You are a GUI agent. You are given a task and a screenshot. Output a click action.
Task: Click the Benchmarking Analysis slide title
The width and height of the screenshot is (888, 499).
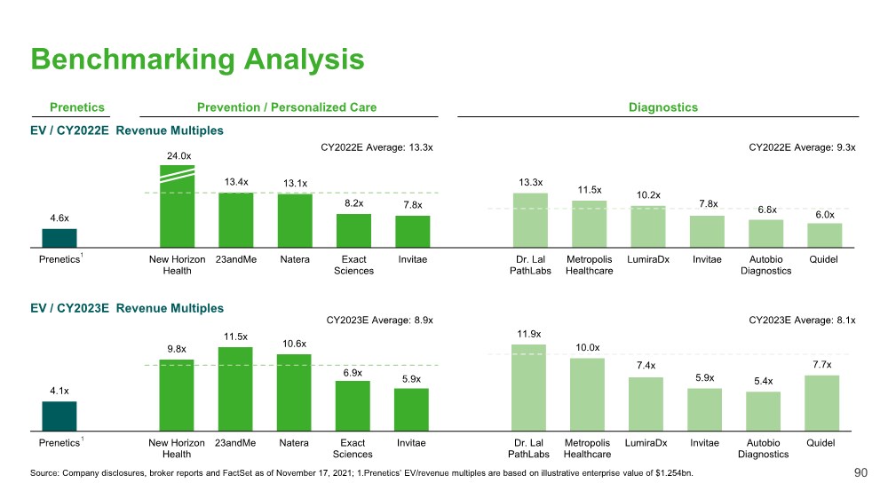tap(197, 59)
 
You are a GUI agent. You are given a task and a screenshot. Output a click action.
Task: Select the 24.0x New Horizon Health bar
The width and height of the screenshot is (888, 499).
tap(177, 206)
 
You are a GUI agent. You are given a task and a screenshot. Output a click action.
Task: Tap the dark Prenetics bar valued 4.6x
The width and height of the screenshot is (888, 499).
tap(59, 237)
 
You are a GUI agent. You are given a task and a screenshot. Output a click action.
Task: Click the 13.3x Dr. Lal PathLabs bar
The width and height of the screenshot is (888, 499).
tap(530, 219)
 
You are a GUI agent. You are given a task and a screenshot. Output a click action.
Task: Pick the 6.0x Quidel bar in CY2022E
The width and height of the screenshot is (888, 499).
tap(824, 234)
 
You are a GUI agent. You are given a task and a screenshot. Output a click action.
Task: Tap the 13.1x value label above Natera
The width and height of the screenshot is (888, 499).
tap(295, 184)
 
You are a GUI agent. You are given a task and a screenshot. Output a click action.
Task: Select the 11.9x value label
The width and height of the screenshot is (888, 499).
tap(529, 334)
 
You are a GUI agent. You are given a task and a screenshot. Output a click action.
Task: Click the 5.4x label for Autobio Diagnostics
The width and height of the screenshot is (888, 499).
tap(763, 382)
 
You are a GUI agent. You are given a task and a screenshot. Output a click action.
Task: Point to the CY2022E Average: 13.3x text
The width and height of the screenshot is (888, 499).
tap(376, 147)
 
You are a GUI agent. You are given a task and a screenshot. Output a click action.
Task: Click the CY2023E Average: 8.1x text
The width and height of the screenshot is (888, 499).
tap(802, 320)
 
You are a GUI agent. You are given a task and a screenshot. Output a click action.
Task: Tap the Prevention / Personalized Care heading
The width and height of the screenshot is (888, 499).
tap(287, 107)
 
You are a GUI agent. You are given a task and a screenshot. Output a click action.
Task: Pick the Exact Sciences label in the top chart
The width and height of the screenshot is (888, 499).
tap(353, 265)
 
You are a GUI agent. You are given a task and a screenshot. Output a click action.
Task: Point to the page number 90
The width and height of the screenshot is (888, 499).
tap(860, 473)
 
